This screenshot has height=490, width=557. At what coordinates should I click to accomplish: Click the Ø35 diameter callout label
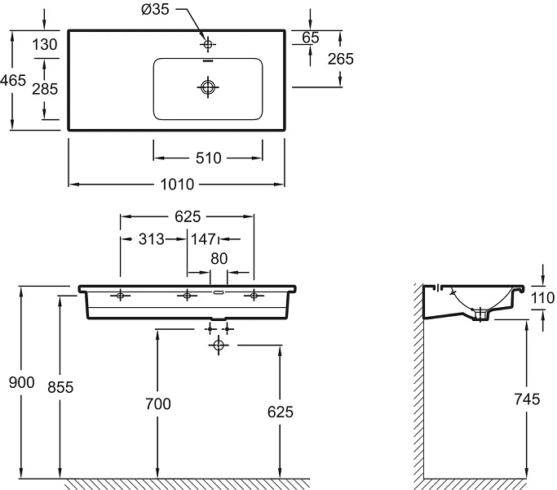click(x=155, y=9)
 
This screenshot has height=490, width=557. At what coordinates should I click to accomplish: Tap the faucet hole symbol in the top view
click(x=208, y=44)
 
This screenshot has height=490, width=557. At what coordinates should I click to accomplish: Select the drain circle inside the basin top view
click(x=208, y=87)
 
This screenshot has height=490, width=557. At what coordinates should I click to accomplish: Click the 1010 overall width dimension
click(x=177, y=185)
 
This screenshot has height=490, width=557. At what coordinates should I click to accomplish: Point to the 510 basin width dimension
click(x=209, y=158)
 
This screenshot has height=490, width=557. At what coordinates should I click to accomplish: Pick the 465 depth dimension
click(x=13, y=80)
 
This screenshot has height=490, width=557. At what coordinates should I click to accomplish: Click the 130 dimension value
click(x=45, y=45)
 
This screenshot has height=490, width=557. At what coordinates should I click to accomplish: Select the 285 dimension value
click(x=45, y=89)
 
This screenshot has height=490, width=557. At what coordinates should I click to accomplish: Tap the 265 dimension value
click(x=341, y=59)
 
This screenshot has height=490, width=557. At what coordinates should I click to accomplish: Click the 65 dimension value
click(x=311, y=38)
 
